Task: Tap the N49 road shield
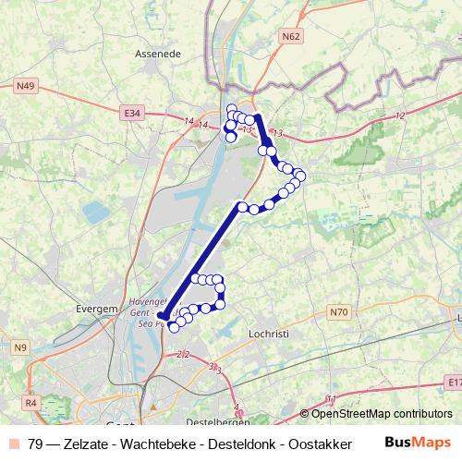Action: coord(26,86)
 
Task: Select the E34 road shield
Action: coord(132,113)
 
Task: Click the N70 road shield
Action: coord(338,313)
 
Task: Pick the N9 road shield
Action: coord(21,347)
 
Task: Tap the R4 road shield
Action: coord(30,403)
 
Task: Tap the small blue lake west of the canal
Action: coord(96,213)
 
